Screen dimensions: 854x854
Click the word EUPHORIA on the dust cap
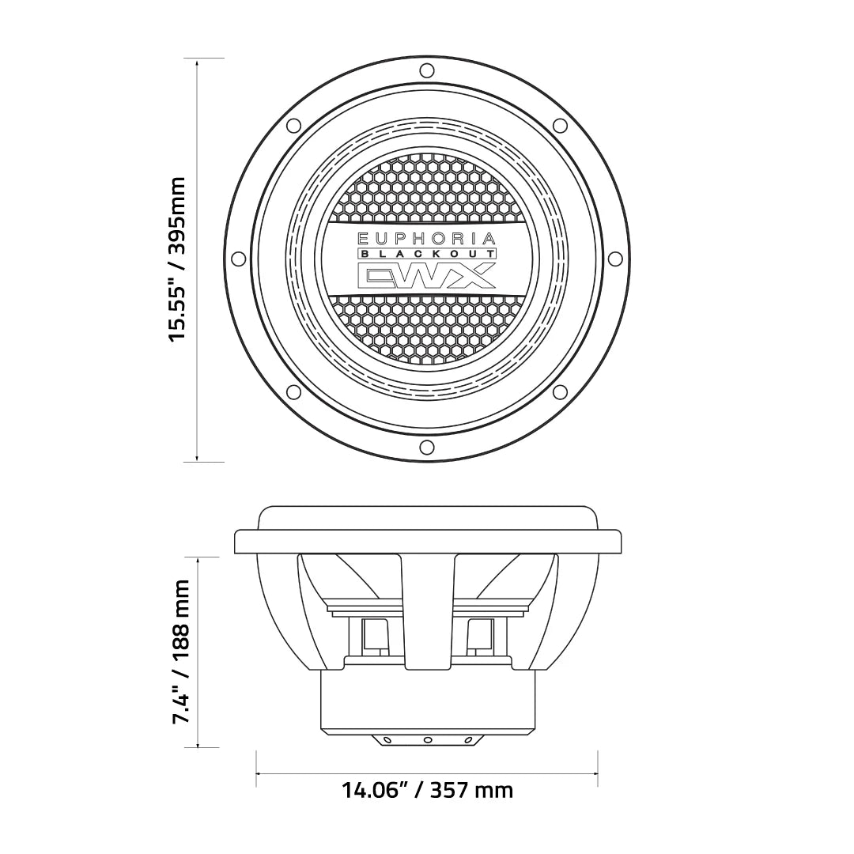pyautogui.click(x=427, y=237)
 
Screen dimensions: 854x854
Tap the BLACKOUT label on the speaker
pyautogui.click(x=427, y=254)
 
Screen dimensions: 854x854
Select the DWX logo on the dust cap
pyautogui.click(x=427, y=276)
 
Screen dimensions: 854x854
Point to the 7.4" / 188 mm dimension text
pyautogui.click(x=181, y=652)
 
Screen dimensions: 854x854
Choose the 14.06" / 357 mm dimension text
pyautogui.click(x=427, y=789)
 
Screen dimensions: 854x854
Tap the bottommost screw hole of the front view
pyautogui.click(x=427, y=448)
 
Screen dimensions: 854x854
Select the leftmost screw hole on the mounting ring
pyautogui.click(x=238, y=259)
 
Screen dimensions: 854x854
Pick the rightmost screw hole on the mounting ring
pyautogui.click(x=615, y=259)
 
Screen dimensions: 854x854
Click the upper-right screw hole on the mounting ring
pyautogui.click(x=560, y=126)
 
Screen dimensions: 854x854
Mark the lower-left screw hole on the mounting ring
pyautogui.click(x=293, y=392)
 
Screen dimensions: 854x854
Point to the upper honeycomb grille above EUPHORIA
pyautogui.click(x=427, y=190)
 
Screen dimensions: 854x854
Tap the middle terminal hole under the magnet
pyautogui.click(x=427, y=740)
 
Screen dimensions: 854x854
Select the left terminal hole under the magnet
pyautogui.click(x=387, y=740)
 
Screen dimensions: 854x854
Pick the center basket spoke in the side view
pyautogui.click(x=427, y=609)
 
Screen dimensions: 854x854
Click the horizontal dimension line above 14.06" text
pyautogui.click(x=427, y=773)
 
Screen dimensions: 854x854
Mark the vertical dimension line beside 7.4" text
pyautogui.click(x=197, y=652)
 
